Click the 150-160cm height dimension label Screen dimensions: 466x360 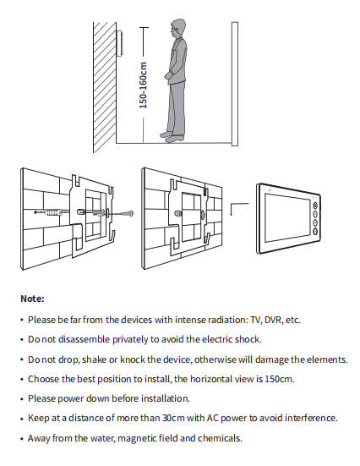point(144,85)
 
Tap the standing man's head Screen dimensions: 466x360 point(178,29)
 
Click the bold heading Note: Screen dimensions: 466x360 point(32,299)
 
